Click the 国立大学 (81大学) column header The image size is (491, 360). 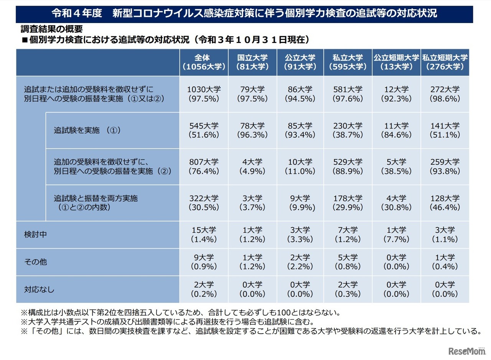click(252, 62)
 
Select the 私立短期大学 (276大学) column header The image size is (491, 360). click(445, 62)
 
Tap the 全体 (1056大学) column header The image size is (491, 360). click(204, 62)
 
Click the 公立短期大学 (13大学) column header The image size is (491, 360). click(396, 62)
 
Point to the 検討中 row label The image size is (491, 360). click(36, 235)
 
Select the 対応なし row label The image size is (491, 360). click(40, 289)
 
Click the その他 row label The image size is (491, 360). click(36, 262)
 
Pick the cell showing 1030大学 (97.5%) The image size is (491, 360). click(204, 94)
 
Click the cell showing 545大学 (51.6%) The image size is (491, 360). click(204, 130)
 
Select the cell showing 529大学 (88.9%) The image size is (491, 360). click(348, 166)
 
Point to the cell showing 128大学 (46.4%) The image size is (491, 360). click(445, 203)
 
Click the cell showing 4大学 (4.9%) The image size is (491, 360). click(252, 166)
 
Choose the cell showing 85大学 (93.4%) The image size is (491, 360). click(300, 130)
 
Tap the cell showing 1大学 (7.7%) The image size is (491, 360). click(396, 235)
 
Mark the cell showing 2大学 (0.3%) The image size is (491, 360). click(348, 289)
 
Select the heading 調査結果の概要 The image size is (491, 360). click(51, 29)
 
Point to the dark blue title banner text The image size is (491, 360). click(244, 13)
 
